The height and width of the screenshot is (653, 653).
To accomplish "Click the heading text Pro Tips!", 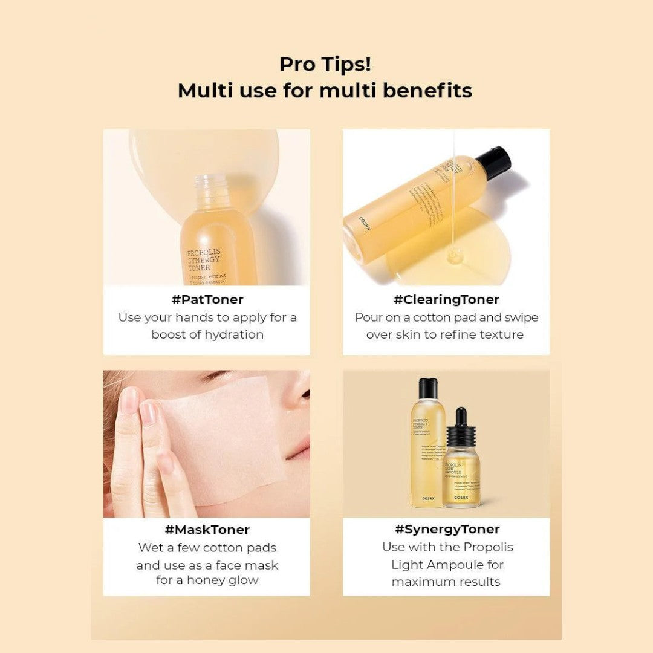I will (x=325, y=64).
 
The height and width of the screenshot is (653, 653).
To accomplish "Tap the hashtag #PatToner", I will (x=207, y=299).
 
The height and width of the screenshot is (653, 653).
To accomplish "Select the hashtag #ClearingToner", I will (x=446, y=299).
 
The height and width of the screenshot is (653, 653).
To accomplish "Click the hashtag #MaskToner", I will (x=207, y=530).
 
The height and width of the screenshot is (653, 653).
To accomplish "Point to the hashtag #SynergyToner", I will (x=447, y=529).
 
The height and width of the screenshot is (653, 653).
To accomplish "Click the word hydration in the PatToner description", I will (x=234, y=334).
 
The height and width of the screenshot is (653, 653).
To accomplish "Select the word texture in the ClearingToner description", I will (x=501, y=334).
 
